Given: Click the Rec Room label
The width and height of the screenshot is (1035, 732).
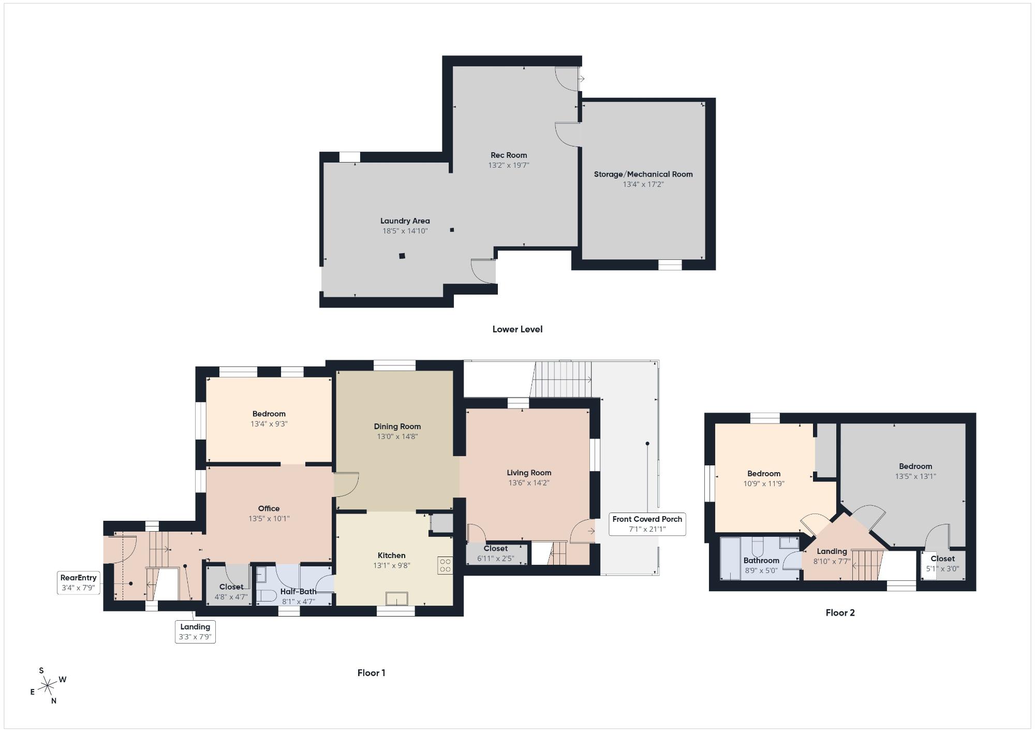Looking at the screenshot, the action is (509, 155).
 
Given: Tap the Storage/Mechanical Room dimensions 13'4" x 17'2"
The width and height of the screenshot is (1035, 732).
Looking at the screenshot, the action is (643, 184).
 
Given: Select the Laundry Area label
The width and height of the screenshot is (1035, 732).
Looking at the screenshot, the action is (405, 221).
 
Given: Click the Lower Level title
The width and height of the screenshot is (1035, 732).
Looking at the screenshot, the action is (517, 329).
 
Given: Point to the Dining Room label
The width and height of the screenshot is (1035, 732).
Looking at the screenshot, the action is (397, 427).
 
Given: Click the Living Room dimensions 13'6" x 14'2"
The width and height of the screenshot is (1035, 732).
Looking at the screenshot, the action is (529, 482).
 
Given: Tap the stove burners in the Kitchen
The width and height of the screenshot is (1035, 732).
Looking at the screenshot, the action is (445, 565).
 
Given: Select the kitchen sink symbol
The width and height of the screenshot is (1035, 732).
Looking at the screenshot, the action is (396, 599).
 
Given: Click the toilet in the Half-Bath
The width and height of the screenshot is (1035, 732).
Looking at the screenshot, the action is (266, 596).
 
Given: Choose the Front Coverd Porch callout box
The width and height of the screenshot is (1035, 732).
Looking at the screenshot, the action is (647, 524).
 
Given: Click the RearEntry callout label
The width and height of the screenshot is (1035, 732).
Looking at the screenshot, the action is (79, 583).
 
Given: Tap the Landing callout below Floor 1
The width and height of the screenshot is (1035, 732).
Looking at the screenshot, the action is (195, 632).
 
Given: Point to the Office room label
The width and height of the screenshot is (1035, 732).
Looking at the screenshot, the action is (269, 508).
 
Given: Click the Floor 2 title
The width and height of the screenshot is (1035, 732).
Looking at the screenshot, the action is (840, 613).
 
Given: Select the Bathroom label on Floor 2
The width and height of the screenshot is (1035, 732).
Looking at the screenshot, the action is (761, 560).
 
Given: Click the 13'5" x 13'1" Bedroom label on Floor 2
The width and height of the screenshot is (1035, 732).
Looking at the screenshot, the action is (915, 471).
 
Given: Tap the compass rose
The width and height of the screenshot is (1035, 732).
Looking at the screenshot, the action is (48, 686).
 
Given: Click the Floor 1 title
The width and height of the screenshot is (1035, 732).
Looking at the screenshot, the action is (372, 673).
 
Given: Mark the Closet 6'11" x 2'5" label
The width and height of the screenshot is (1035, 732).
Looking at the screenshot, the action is (496, 553).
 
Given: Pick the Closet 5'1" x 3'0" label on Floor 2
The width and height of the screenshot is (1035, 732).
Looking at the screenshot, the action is (942, 563).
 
